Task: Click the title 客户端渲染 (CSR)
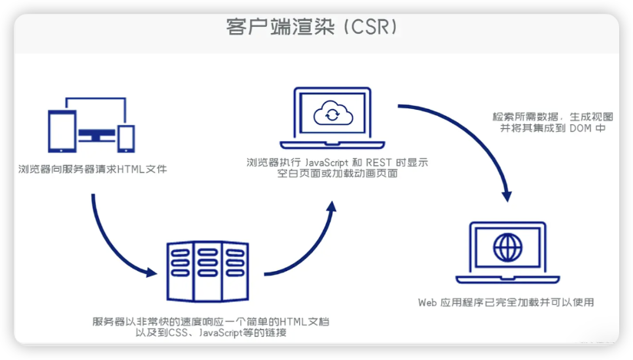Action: click(312, 27)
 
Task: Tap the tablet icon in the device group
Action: click(62, 131)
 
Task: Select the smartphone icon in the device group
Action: click(126, 139)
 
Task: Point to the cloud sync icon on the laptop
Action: click(333, 113)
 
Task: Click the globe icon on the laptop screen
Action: click(507, 247)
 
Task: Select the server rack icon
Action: click(207, 272)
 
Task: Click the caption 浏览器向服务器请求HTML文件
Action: click(92, 169)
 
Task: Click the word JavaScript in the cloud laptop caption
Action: click(326, 163)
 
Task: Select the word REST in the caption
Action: click(379, 163)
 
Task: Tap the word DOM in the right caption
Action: click(580, 128)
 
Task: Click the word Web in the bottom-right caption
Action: click(427, 302)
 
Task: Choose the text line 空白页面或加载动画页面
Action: click(337, 173)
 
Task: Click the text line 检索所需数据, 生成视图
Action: click(552, 117)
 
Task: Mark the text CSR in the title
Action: click(371, 27)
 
